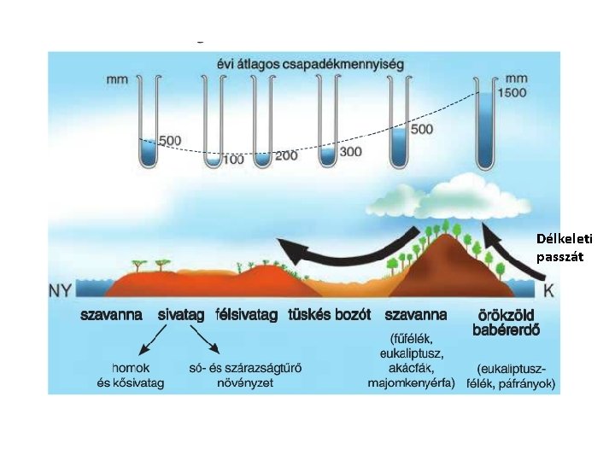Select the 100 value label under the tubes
[232, 159]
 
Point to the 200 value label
[286, 156]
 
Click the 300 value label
[351, 151]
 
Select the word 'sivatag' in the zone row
[181, 315]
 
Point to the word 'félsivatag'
[248, 315]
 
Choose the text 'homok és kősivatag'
[131, 376]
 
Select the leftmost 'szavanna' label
[112, 315]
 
